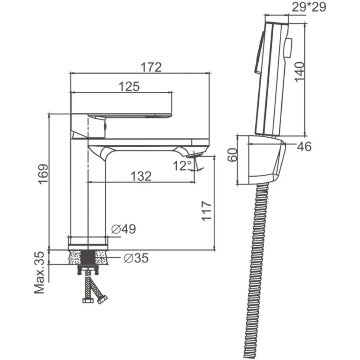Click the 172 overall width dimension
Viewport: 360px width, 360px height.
(151, 67)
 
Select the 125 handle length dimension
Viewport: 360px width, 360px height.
(129, 86)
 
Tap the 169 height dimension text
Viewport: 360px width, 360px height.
(43, 174)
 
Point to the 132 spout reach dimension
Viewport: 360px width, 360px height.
(141, 176)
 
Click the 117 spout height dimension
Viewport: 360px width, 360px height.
(206, 211)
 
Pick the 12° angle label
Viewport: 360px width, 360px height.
(182, 166)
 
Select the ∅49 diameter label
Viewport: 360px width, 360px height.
(124, 229)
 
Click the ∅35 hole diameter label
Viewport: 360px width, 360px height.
(136, 258)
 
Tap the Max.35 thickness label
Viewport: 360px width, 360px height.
(39, 272)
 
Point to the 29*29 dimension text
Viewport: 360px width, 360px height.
(309, 7)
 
